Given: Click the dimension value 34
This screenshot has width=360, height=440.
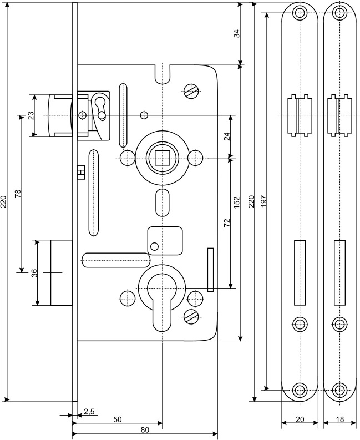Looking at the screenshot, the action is (x=237, y=33).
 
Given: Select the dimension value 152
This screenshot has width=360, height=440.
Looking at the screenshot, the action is (x=237, y=202).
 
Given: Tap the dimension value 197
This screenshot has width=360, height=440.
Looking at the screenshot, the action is (x=263, y=201).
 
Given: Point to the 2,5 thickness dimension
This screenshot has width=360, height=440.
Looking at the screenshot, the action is (x=89, y=412).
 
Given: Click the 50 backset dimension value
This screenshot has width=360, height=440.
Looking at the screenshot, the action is (x=118, y=419).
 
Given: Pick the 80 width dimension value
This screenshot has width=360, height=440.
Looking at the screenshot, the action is (x=145, y=430).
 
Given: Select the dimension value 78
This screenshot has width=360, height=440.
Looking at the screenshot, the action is (x=18, y=193).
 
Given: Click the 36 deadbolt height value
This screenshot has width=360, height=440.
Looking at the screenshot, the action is (x=34, y=273).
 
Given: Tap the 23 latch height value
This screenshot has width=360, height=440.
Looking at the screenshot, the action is (x=31, y=115).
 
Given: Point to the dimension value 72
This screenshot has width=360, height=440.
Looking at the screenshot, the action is (x=227, y=222).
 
